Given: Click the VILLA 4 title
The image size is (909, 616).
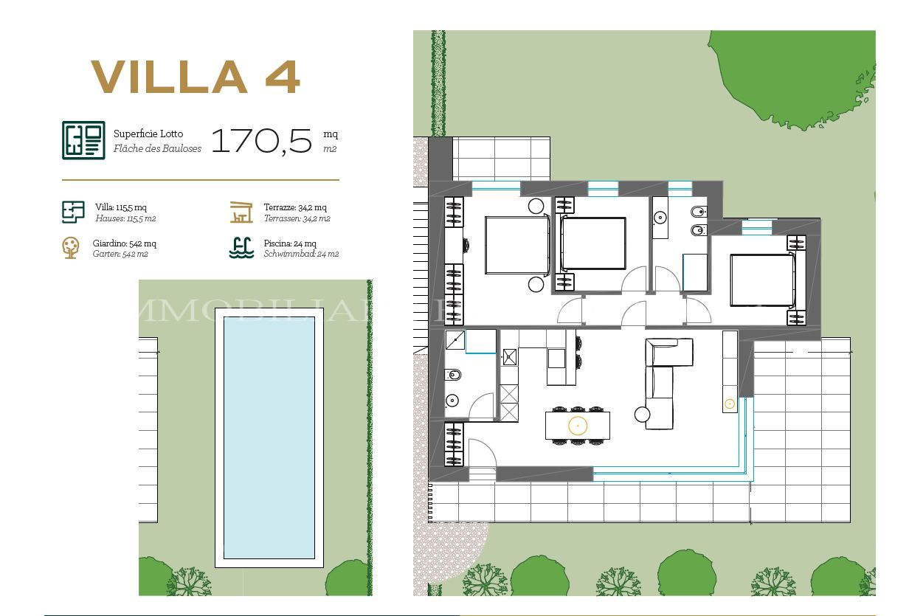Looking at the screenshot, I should coord(196,77).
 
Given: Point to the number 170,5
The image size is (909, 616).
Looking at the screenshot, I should coord(262,140).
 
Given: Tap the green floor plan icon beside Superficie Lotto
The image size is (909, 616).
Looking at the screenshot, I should coord(83,140).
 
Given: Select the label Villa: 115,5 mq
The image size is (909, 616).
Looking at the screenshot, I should coord(121,207).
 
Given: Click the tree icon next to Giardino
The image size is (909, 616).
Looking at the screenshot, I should coord(71,247).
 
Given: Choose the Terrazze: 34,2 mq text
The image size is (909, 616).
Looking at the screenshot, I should coord(295,207).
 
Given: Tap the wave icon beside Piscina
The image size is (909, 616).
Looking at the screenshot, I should coord(241,247).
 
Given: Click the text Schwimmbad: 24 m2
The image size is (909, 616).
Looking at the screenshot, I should coord(301,254).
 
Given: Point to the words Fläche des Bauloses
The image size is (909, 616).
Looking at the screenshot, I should coord(157,148).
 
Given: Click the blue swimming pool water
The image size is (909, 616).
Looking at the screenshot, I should coord(269,437).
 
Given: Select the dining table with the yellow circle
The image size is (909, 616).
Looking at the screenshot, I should coord(578,426).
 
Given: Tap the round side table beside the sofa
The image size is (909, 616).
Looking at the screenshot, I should coord(641,415).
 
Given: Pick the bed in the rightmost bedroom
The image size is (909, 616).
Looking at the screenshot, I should coord(762,280).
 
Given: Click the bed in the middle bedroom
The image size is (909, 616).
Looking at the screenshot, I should coord(593,243).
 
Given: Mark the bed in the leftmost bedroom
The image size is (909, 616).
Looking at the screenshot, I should coord(517,245).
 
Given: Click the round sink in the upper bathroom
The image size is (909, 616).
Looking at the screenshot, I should coord(660,218).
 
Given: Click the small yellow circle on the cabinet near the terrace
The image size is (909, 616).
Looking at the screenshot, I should coord(730,404).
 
